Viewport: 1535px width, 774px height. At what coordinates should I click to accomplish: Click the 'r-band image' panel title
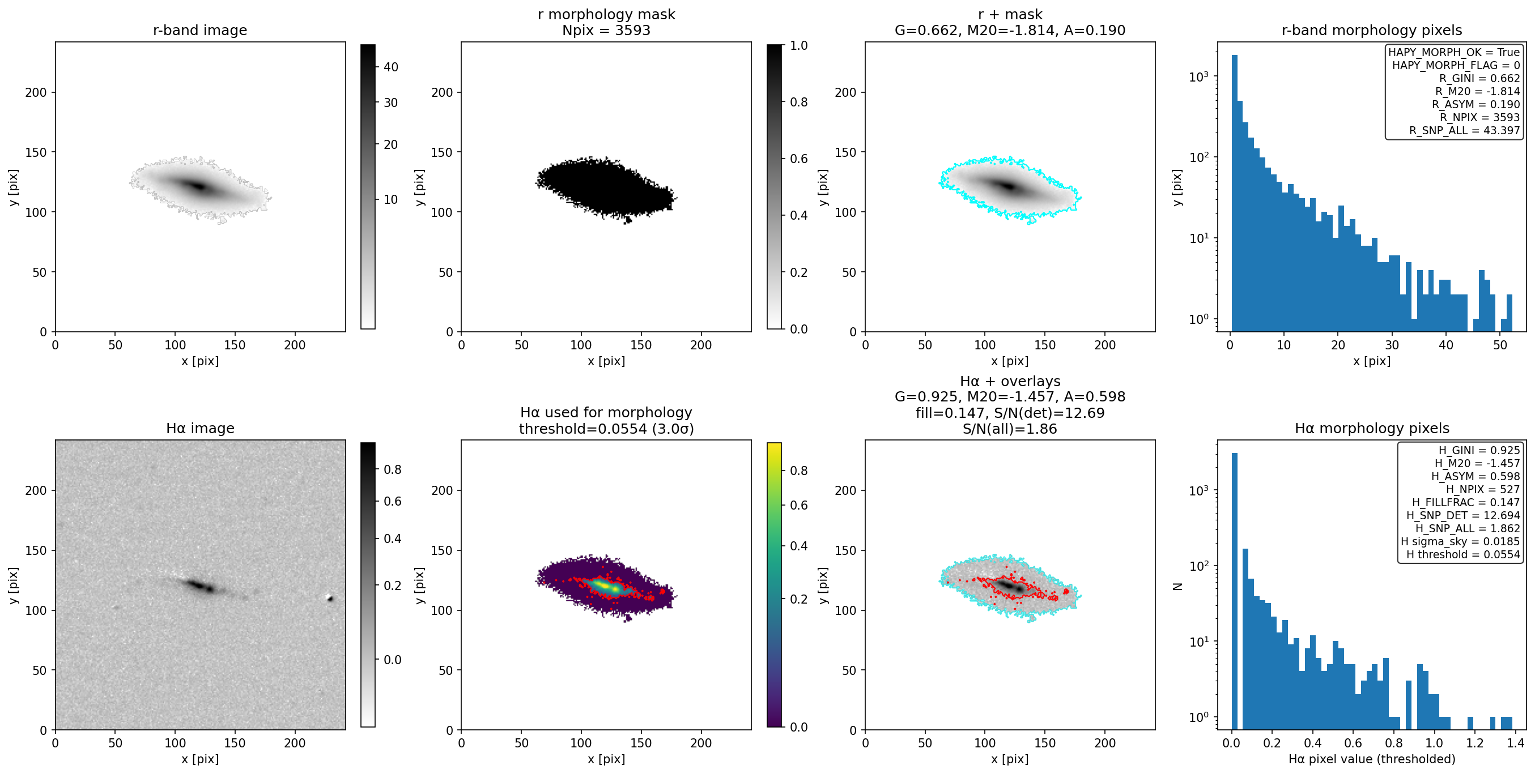click(199, 31)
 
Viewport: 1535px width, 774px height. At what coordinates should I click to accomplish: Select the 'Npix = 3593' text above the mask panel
click(606, 31)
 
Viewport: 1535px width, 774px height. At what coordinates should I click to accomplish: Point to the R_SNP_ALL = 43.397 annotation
click(1464, 130)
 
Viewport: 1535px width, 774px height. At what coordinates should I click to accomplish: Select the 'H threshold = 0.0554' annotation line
click(1463, 554)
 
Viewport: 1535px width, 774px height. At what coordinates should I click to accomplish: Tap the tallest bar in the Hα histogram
click(1234, 591)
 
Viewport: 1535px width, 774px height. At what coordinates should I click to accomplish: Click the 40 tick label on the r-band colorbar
click(391, 67)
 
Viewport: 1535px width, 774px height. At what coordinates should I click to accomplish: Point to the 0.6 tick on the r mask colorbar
click(798, 159)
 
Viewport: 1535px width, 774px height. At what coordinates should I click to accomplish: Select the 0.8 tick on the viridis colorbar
click(798, 471)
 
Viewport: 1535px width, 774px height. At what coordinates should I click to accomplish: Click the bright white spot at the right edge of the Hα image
click(330, 598)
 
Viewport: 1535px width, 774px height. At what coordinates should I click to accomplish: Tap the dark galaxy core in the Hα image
click(200, 586)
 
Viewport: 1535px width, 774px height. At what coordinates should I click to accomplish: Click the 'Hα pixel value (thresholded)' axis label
click(1372, 759)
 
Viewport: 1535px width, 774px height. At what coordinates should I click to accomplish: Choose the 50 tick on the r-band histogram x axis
click(1500, 345)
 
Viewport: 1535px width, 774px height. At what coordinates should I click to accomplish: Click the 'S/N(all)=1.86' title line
click(1009, 429)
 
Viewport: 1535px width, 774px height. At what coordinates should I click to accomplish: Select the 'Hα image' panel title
click(199, 428)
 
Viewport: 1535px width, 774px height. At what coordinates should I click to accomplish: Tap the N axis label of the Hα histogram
click(1177, 586)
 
